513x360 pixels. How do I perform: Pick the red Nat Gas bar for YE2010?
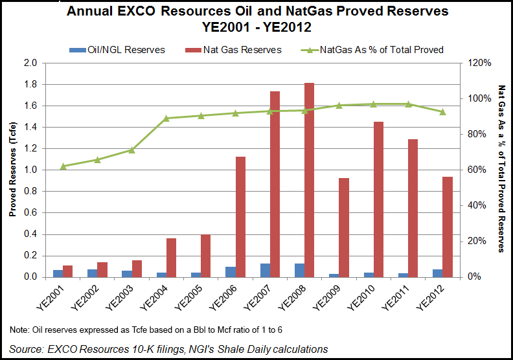[379, 199]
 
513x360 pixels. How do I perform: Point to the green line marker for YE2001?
[63, 166]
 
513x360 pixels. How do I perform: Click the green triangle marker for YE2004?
[166, 118]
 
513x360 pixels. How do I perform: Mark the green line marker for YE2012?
[443, 112]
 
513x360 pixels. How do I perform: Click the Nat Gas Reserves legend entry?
[238, 50]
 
